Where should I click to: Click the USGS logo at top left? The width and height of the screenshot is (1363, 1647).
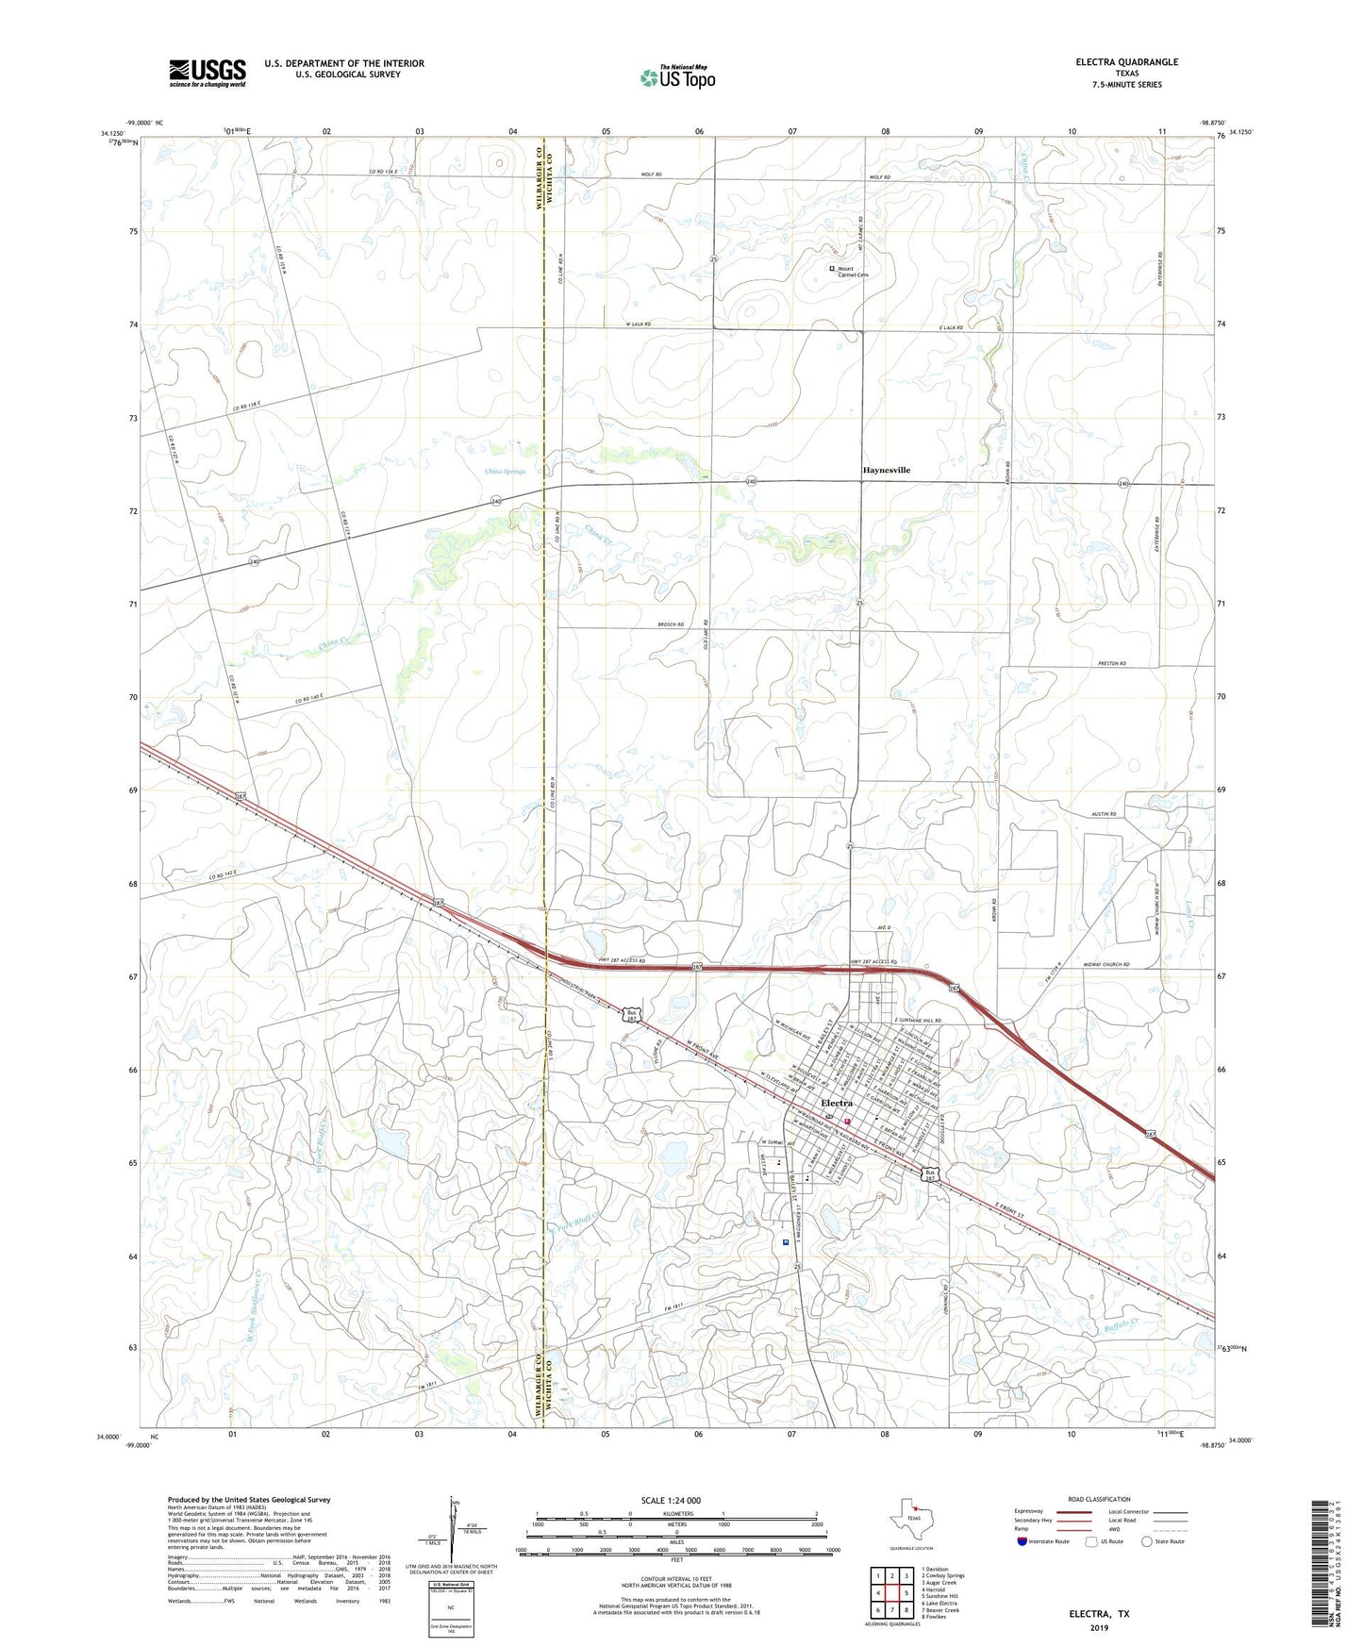click(x=208, y=72)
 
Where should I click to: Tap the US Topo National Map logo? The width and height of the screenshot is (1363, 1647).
click(x=676, y=76)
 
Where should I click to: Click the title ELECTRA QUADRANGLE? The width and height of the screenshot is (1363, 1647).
click(x=1126, y=62)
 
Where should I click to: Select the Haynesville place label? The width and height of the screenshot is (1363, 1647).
click(x=887, y=470)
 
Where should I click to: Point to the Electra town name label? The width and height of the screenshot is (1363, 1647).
click(x=837, y=1103)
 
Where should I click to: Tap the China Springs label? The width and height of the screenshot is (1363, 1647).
click(x=506, y=471)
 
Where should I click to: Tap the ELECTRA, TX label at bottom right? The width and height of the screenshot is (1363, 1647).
click(x=1099, y=1614)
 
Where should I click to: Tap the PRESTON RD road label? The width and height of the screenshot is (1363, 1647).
click(x=1113, y=663)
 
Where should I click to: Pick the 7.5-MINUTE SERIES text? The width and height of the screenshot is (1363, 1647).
click(x=1126, y=85)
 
